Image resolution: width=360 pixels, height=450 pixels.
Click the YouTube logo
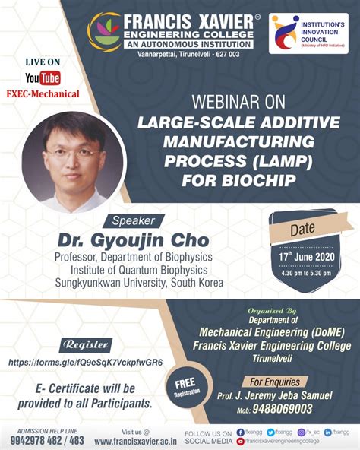pos(42,78)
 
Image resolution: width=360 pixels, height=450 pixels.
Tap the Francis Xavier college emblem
pos(103,31)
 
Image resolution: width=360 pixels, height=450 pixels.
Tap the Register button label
pos(87,344)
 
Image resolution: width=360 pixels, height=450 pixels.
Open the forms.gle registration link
pos(85,362)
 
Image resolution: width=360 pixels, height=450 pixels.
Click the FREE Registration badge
pos(187,388)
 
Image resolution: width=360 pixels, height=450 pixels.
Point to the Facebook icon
pos(239,431)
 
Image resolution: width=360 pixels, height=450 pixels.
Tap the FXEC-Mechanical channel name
pos(43,94)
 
